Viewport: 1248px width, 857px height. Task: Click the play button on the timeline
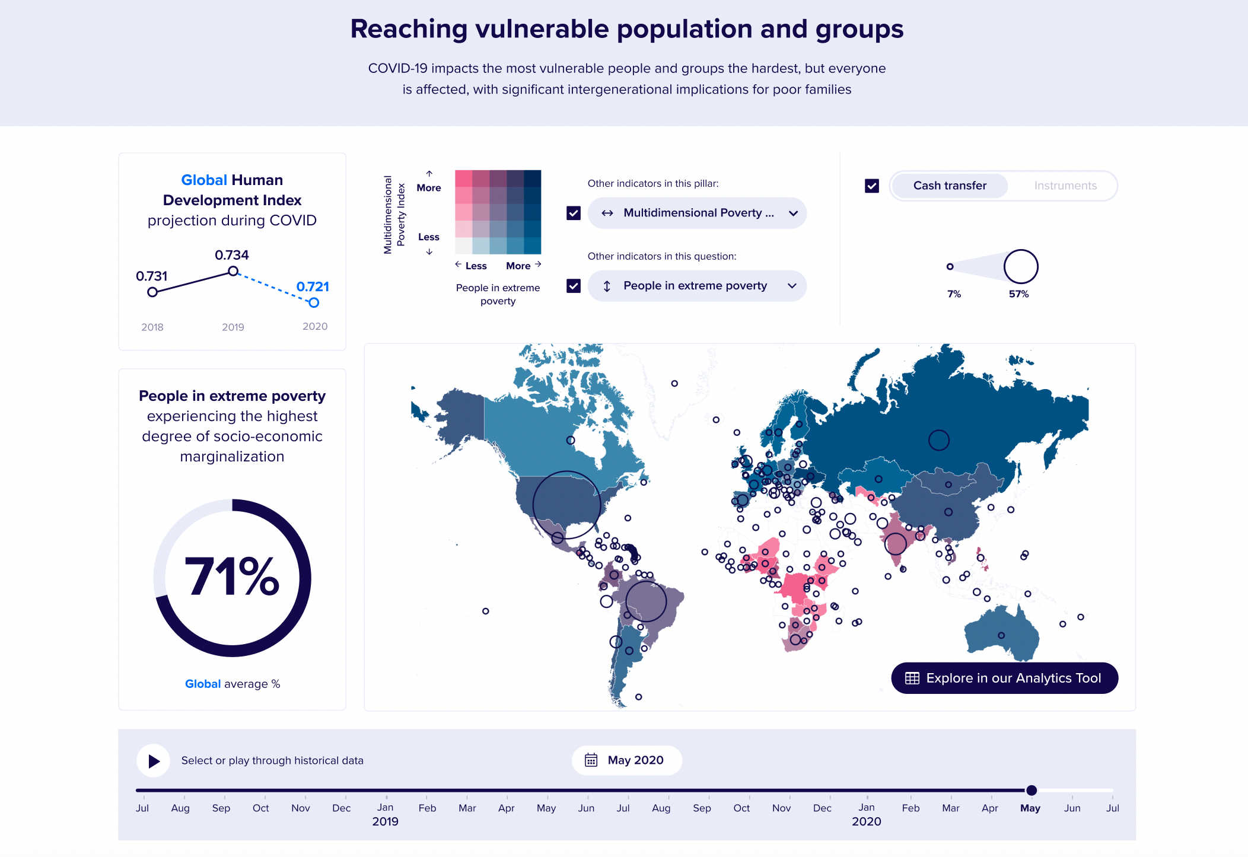pyautogui.click(x=154, y=761)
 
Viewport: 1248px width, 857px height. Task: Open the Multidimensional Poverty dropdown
pyautogui.click(x=697, y=213)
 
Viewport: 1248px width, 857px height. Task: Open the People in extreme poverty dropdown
pyautogui.click(x=697, y=286)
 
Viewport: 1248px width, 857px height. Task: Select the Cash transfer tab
pyautogui.click(x=950, y=186)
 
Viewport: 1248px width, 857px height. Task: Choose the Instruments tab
pyautogui.click(x=1065, y=186)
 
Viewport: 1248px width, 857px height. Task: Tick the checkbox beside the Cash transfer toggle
pyautogui.click(x=872, y=186)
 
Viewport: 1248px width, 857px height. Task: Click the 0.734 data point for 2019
pyautogui.click(x=233, y=271)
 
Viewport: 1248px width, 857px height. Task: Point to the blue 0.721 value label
pyautogui.click(x=313, y=286)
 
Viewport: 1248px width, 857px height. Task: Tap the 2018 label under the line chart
pyautogui.click(x=152, y=327)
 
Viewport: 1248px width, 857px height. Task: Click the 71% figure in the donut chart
pyautogui.click(x=232, y=576)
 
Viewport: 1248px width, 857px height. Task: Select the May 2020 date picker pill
pyautogui.click(x=626, y=760)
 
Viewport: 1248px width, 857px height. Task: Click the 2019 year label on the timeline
pyautogui.click(x=385, y=821)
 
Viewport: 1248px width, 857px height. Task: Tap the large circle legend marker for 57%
pyautogui.click(x=1021, y=266)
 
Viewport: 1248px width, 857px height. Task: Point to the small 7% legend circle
pyautogui.click(x=950, y=266)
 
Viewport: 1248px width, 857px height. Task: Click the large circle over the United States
pyautogui.click(x=566, y=505)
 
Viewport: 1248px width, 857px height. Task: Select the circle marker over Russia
pyautogui.click(x=938, y=440)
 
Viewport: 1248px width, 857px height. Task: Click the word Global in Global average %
pyautogui.click(x=203, y=684)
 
